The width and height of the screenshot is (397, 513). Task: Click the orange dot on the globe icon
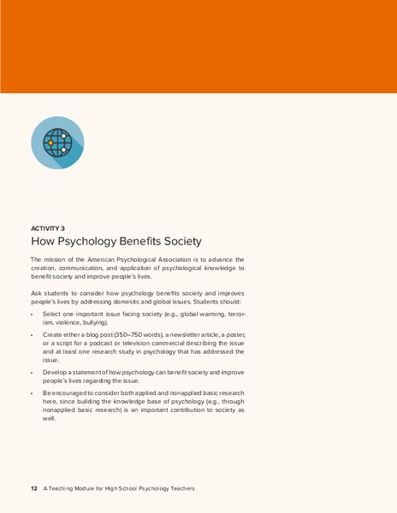(x=50, y=142)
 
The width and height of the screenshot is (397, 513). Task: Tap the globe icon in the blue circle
(x=57, y=143)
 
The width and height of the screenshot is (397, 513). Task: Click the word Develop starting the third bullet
(x=56, y=373)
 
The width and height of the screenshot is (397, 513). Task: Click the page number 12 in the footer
(x=33, y=488)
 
